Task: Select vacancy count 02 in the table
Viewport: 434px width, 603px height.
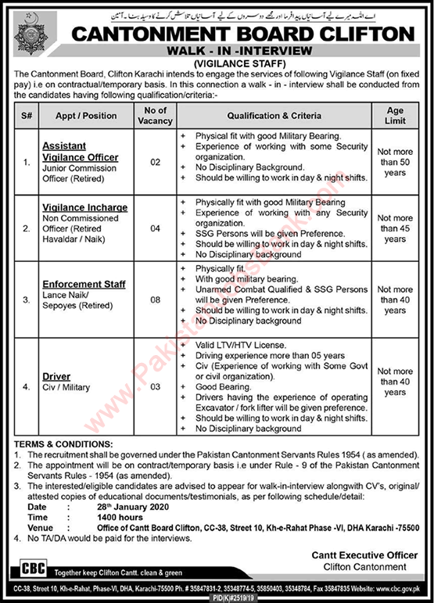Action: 154,162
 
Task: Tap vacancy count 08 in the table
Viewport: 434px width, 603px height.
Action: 154,298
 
